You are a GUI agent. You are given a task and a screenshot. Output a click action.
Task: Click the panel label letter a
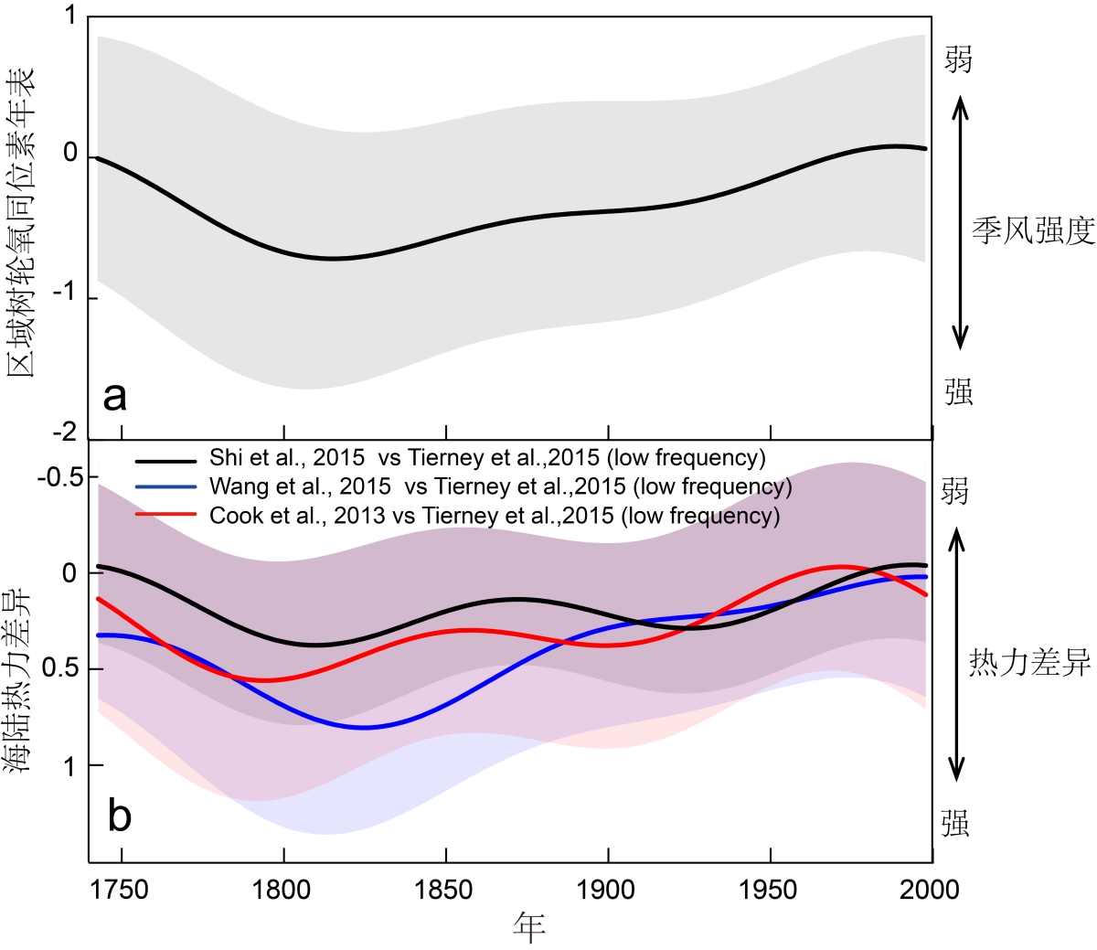[x=114, y=396]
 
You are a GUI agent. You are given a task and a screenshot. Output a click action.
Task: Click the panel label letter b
[x=120, y=815]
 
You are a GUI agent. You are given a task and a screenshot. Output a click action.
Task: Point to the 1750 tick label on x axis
[x=121, y=890]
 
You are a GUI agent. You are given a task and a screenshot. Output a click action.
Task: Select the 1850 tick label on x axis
[x=446, y=890]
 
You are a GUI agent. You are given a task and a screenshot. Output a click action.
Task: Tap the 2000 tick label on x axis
[x=930, y=890]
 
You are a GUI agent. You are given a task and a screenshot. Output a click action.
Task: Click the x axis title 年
[x=529, y=927]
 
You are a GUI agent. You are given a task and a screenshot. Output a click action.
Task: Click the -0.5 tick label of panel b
[x=60, y=477]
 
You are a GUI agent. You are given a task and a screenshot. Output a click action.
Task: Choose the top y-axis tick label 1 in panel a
[x=70, y=18]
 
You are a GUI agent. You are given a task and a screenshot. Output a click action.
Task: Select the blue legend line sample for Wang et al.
[x=165, y=487]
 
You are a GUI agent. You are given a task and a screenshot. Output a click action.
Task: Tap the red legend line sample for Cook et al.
[x=165, y=516]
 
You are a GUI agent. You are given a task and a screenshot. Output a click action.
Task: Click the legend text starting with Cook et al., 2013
[x=495, y=516]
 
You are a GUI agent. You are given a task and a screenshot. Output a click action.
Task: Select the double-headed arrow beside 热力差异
[x=956, y=656]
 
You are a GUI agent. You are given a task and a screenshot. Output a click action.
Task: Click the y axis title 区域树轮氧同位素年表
[x=21, y=221]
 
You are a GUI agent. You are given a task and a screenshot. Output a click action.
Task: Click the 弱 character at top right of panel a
[x=958, y=59]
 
